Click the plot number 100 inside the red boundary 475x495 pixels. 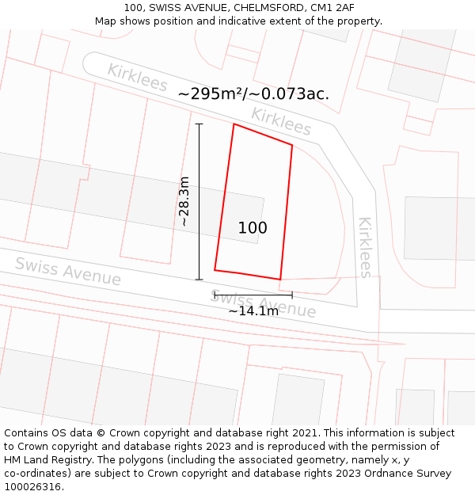253,228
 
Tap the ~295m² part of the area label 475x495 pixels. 211,93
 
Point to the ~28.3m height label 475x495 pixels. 184,201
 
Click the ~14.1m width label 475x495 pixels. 253,311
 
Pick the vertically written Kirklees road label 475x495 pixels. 365,247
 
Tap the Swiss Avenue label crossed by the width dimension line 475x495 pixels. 264,304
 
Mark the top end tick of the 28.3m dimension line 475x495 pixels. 199,124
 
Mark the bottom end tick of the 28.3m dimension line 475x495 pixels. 199,280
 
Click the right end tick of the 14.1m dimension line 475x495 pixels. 292,295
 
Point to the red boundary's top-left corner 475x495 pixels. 234,124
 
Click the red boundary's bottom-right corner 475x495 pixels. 280,280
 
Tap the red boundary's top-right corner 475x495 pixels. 292,145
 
